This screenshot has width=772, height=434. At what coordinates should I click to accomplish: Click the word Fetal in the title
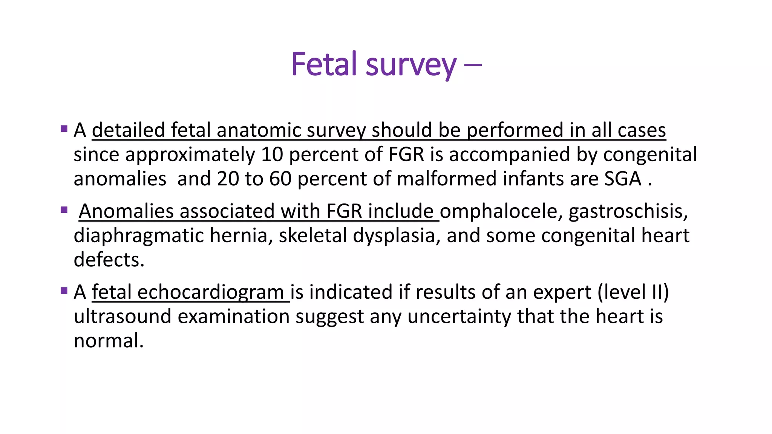[x=324, y=64]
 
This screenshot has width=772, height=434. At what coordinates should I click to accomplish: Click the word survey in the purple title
[x=411, y=66]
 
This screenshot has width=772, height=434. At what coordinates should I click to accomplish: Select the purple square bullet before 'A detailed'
[x=64, y=129]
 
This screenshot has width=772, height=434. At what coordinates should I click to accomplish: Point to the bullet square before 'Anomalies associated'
[x=64, y=210]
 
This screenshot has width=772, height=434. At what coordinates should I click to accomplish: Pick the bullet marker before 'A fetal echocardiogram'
[x=64, y=291]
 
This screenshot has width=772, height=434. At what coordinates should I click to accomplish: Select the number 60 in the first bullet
[x=280, y=179]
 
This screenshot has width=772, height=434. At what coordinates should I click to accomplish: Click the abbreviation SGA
[x=623, y=179]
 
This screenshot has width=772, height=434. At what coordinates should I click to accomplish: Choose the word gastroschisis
[x=628, y=211]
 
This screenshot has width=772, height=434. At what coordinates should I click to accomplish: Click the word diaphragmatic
[x=138, y=236]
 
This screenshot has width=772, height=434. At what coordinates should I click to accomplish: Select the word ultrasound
[x=123, y=316]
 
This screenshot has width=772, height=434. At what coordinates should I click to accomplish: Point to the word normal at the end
[x=108, y=341]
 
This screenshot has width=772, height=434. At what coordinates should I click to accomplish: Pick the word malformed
[x=447, y=179]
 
